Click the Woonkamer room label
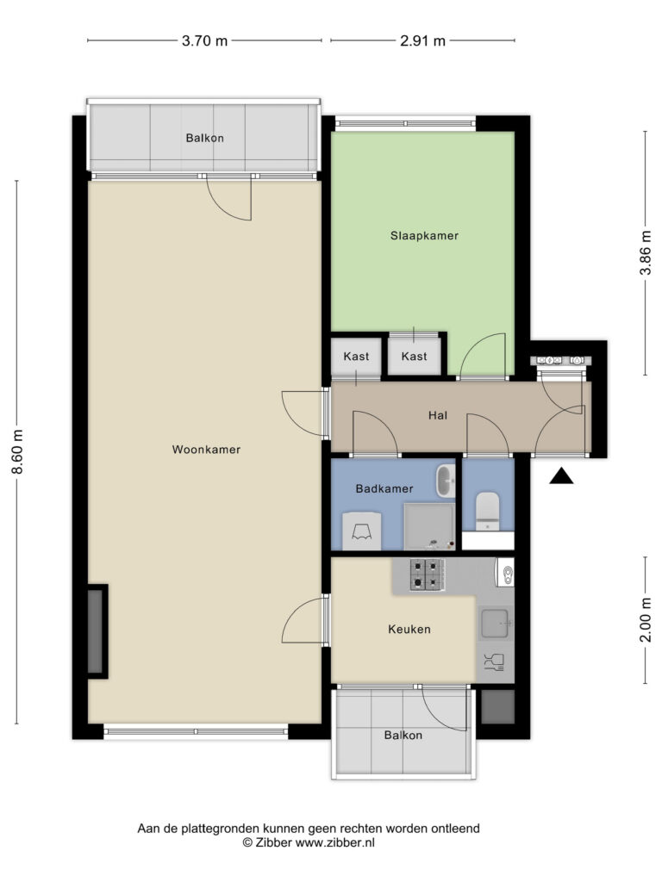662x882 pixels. point(206,450)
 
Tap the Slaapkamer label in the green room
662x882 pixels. point(424,236)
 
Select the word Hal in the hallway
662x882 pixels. point(438,415)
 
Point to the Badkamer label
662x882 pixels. point(384,488)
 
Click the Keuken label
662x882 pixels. point(409,629)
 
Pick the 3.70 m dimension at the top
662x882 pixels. point(204,40)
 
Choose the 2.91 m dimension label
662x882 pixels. point(422,40)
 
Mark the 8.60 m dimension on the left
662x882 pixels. point(17,451)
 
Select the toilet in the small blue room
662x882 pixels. point(487,511)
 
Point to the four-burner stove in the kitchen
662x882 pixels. point(428,575)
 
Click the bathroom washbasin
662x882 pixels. point(446,481)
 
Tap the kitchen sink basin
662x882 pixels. point(495,624)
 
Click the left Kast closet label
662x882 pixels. point(356,356)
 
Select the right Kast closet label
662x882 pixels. point(415,356)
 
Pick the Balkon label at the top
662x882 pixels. point(205,138)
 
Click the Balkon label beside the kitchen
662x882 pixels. point(403,736)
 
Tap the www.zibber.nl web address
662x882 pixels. point(335,842)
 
